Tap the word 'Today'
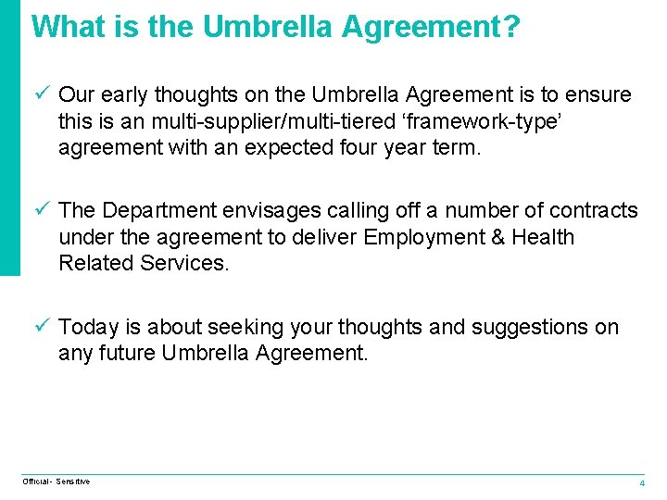(88, 327)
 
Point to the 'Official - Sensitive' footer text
(57, 481)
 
